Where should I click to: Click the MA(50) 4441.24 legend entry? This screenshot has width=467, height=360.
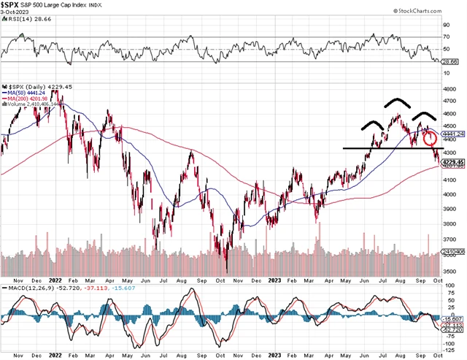click(x=29, y=93)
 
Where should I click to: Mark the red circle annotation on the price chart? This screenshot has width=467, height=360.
click(x=429, y=137)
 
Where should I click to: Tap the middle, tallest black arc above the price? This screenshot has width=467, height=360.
click(x=398, y=102)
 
